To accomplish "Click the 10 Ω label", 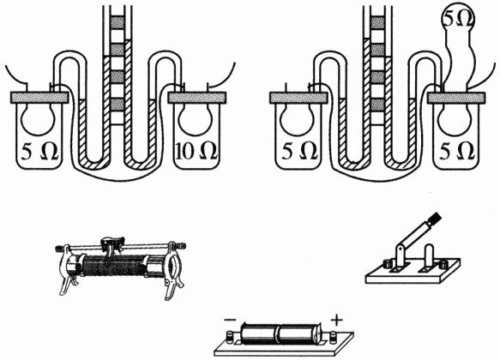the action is (196, 151).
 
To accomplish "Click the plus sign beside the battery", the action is (336, 320).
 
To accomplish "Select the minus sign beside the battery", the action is (230, 320).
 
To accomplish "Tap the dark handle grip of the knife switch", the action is (434, 219).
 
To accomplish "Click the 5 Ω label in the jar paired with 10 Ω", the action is (39, 153).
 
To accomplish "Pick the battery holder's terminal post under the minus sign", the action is (229, 338).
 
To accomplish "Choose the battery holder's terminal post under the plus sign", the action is (333, 337).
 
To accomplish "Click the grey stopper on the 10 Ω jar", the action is (197, 98).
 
